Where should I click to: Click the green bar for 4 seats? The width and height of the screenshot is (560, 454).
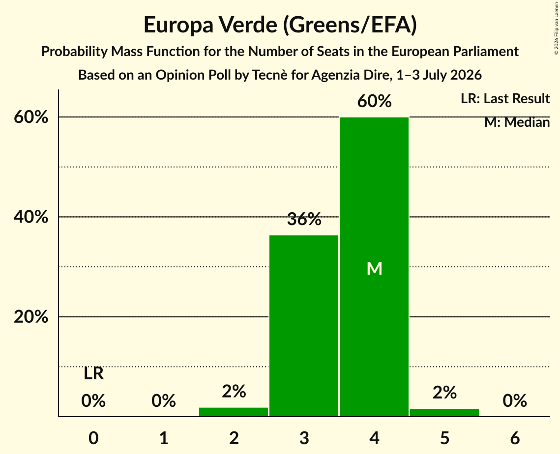[374, 267]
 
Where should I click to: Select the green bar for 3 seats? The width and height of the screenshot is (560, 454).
[303, 325]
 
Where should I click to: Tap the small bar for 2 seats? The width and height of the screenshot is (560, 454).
[234, 412]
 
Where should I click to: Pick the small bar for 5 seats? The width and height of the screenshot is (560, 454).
[444, 412]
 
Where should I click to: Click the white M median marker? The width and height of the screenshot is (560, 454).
[374, 268]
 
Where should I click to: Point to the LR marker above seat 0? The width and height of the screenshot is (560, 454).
[93, 374]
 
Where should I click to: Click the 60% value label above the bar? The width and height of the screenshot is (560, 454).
[374, 101]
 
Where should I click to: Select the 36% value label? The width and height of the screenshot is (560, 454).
[304, 219]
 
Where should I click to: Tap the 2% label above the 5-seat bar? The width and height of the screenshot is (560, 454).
[444, 393]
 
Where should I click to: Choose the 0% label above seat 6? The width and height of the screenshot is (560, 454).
[515, 401]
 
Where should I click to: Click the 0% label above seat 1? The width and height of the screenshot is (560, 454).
[164, 401]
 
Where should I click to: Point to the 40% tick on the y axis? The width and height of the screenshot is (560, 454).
[30, 217]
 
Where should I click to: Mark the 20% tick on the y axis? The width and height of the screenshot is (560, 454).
[30, 316]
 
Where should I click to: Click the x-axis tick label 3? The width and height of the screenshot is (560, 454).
[304, 438]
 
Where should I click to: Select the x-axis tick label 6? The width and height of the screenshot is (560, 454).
[515, 438]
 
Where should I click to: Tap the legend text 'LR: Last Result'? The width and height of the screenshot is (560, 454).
[505, 98]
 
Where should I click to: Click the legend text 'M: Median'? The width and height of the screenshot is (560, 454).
[517, 122]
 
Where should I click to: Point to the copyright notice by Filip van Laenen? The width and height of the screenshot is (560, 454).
[556, 28]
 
